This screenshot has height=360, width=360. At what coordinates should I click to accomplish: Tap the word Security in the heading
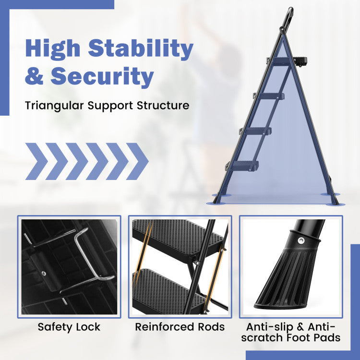tap(102, 76)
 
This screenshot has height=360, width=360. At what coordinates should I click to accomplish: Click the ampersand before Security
tap(35, 75)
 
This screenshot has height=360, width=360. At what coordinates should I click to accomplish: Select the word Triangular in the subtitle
tap(54, 106)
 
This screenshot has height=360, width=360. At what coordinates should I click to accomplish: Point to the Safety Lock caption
tap(69, 327)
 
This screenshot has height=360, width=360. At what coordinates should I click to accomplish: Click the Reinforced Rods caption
tap(180, 327)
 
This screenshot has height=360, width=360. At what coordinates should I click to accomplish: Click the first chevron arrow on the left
tap(36, 161)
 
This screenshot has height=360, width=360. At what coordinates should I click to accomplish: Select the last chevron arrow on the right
tap(137, 161)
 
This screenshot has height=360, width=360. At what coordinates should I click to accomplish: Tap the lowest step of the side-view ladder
tap(243, 165)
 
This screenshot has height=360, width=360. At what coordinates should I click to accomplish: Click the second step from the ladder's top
tap(270, 96)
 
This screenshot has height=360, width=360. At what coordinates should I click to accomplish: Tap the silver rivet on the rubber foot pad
tap(301, 240)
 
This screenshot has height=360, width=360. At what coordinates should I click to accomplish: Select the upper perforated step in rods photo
tap(177, 237)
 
